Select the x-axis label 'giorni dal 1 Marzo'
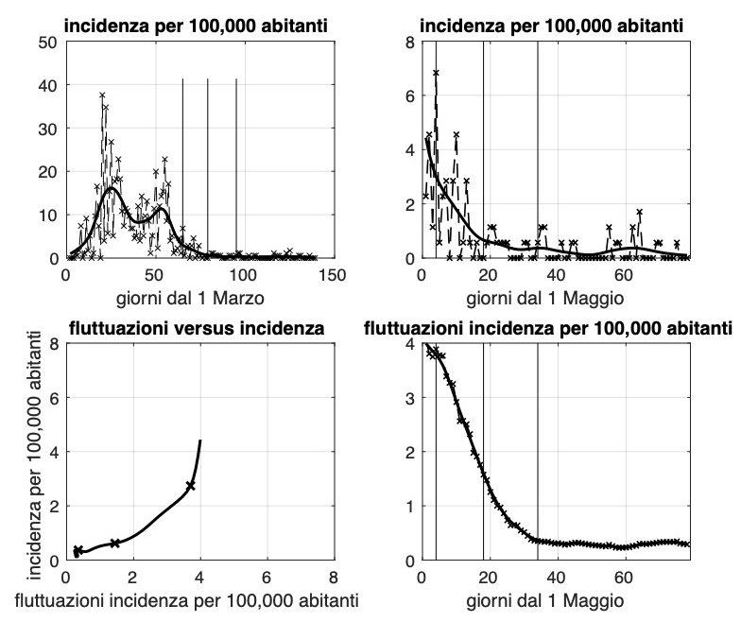pyautogui.click(x=198, y=296)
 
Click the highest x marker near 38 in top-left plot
pyautogui.click(x=101, y=95)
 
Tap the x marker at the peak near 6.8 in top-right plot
pyautogui.click(x=436, y=72)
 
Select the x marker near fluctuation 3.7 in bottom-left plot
pyautogui.click(x=190, y=485)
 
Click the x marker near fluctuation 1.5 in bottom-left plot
pyautogui.click(x=114, y=543)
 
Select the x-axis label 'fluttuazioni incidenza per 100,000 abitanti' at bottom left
pyautogui.click(x=198, y=599)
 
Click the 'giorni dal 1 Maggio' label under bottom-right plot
pyautogui.click(x=556, y=598)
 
